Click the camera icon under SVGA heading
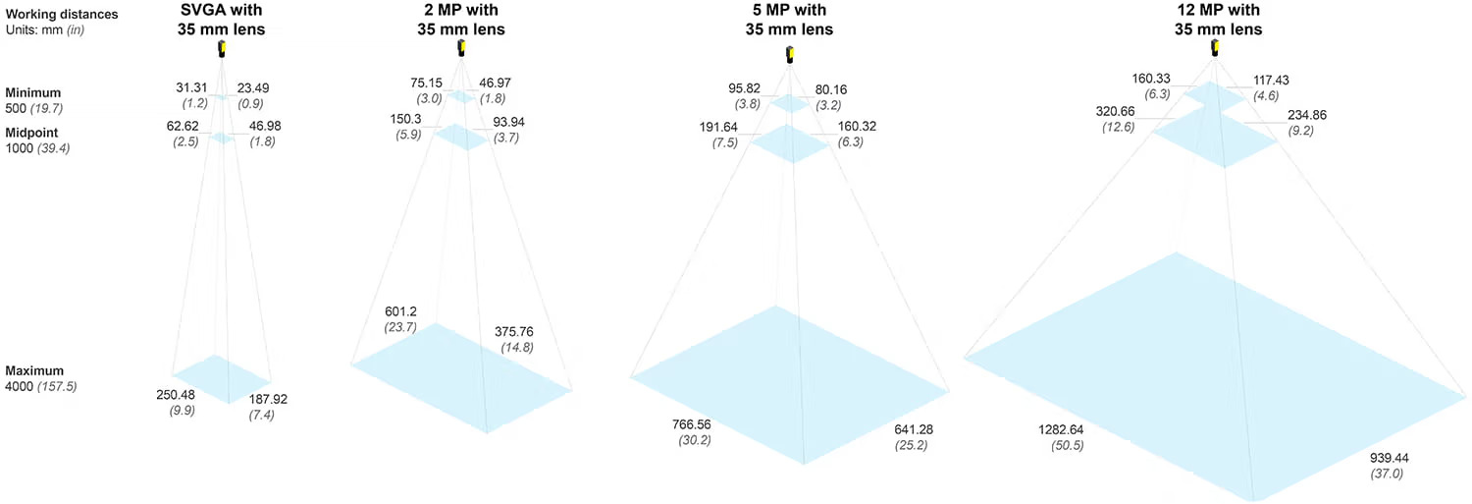point(223,50)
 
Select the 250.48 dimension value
point(177,396)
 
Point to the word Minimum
point(33,93)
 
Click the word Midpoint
point(33,133)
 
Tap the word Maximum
point(34,371)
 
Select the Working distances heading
point(62,15)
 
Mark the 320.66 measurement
point(1116,112)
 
